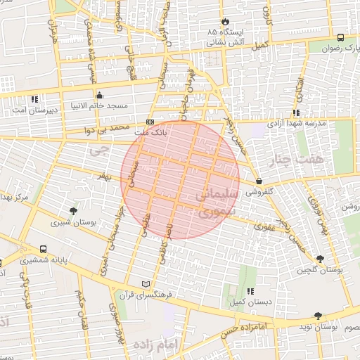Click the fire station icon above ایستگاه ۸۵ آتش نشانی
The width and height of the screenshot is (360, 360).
pos(225,21)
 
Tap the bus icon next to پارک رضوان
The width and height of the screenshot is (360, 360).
pos(340,38)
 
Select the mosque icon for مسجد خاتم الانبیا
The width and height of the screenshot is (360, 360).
pos(99,95)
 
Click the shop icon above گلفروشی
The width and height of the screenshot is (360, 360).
pos(259,181)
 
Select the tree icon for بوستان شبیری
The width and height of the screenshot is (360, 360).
pos(73,210)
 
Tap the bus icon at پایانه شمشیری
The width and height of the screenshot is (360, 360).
pos(44,249)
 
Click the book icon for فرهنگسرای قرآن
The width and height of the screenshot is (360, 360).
pos(146,283)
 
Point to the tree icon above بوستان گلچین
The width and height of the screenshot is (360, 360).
pos(320,259)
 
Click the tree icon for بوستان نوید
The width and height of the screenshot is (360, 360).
pos(319,316)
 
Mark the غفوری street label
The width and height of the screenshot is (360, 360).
pos(264,226)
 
